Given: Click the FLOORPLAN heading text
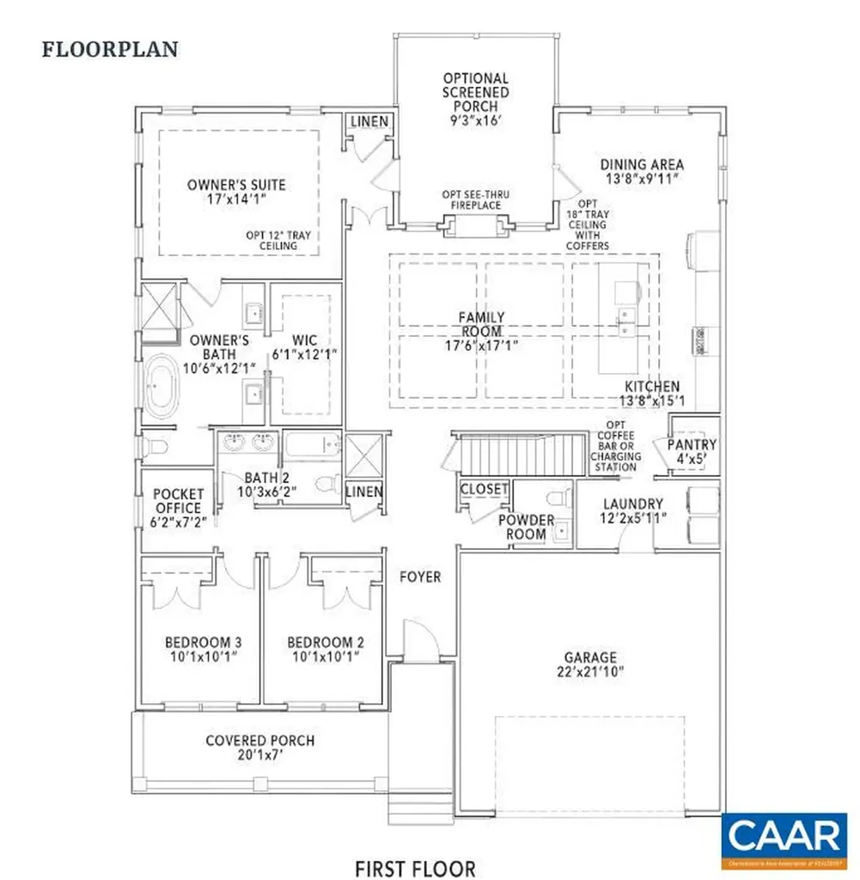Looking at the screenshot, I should pyautogui.click(x=110, y=49).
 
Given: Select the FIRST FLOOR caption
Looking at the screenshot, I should pyautogui.click(x=416, y=868).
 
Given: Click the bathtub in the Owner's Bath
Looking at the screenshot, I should pyautogui.click(x=160, y=388).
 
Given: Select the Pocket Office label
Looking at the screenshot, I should pyautogui.click(x=178, y=501).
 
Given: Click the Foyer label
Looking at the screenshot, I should pyautogui.click(x=420, y=577).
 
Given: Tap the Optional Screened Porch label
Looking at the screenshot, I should pyautogui.click(x=475, y=92).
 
